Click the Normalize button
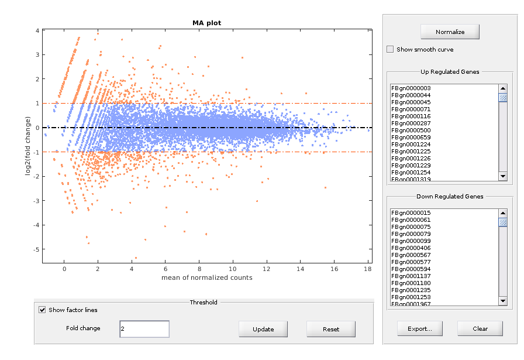click(x=450, y=32)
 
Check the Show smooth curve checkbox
click(x=390, y=50)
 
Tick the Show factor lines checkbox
click(x=42, y=310)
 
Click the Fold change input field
click(x=144, y=329)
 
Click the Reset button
click(x=330, y=329)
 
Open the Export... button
click(x=419, y=328)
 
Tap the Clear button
click(x=480, y=328)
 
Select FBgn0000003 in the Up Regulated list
click(x=411, y=88)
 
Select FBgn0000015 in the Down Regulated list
click(x=411, y=212)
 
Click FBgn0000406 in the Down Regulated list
click(x=411, y=248)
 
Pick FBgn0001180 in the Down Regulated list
click(x=411, y=283)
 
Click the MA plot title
click(x=207, y=23)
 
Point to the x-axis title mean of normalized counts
click(x=207, y=277)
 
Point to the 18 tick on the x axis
click(x=367, y=269)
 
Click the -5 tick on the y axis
click(x=36, y=249)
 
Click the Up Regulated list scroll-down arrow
click(x=502, y=176)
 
